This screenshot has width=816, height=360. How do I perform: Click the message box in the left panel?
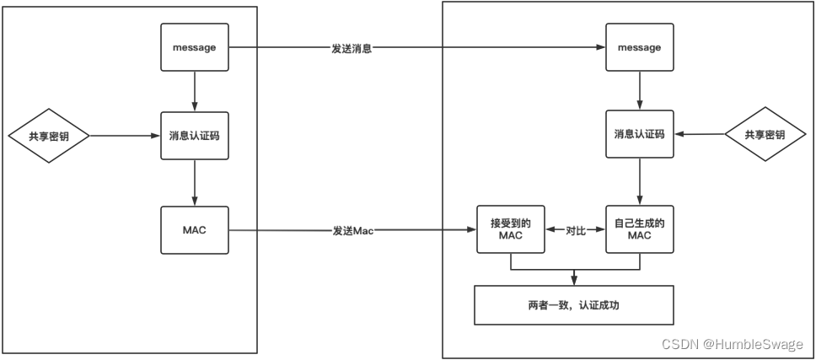click(x=195, y=47)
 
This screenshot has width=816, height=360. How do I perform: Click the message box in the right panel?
click(x=639, y=47)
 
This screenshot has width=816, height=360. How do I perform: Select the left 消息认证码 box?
click(x=195, y=135)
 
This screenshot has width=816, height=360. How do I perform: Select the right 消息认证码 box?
click(x=639, y=135)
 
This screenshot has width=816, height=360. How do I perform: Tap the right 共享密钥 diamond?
click(x=765, y=135)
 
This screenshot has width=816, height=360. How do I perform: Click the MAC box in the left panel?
click(x=195, y=228)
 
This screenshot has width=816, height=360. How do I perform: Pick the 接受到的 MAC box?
click(x=510, y=228)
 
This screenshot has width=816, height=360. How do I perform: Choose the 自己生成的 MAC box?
click(x=639, y=228)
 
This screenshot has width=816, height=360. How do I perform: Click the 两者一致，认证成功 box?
click(x=574, y=305)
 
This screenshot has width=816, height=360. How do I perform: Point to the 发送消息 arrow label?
click(x=352, y=48)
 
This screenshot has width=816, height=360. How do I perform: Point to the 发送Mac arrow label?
click(x=353, y=229)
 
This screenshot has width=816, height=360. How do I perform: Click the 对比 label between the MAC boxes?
click(x=575, y=229)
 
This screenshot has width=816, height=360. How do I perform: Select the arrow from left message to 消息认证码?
click(x=195, y=91)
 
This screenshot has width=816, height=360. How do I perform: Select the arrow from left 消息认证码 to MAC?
click(x=195, y=181)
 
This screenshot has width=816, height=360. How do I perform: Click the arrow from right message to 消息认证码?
click(x=639, y=91)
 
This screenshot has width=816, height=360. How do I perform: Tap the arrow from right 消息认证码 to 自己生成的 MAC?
click(x=639, y=181)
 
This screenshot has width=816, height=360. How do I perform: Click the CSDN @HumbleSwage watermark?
click(x=733, y=344)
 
